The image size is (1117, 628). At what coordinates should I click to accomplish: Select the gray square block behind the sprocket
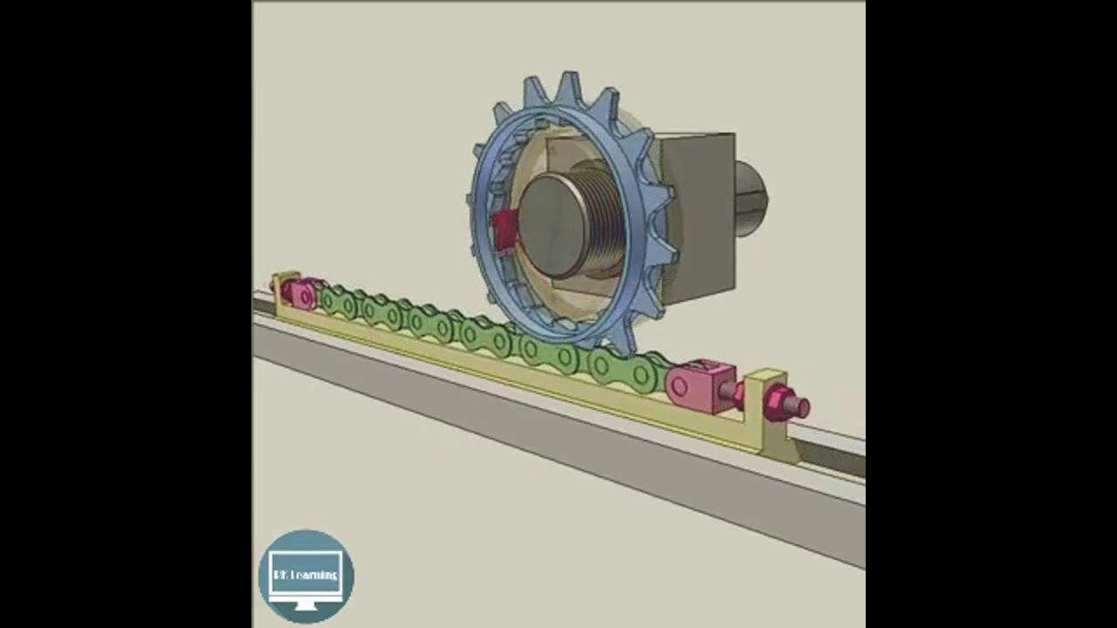(698, 218)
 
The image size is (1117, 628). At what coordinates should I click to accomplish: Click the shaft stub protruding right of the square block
(750, 199)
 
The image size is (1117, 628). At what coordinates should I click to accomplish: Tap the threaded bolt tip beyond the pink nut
(798, 407)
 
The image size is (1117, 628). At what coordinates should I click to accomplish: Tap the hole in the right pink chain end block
(679, 385)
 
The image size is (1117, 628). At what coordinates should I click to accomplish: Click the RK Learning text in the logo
(305, 575)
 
